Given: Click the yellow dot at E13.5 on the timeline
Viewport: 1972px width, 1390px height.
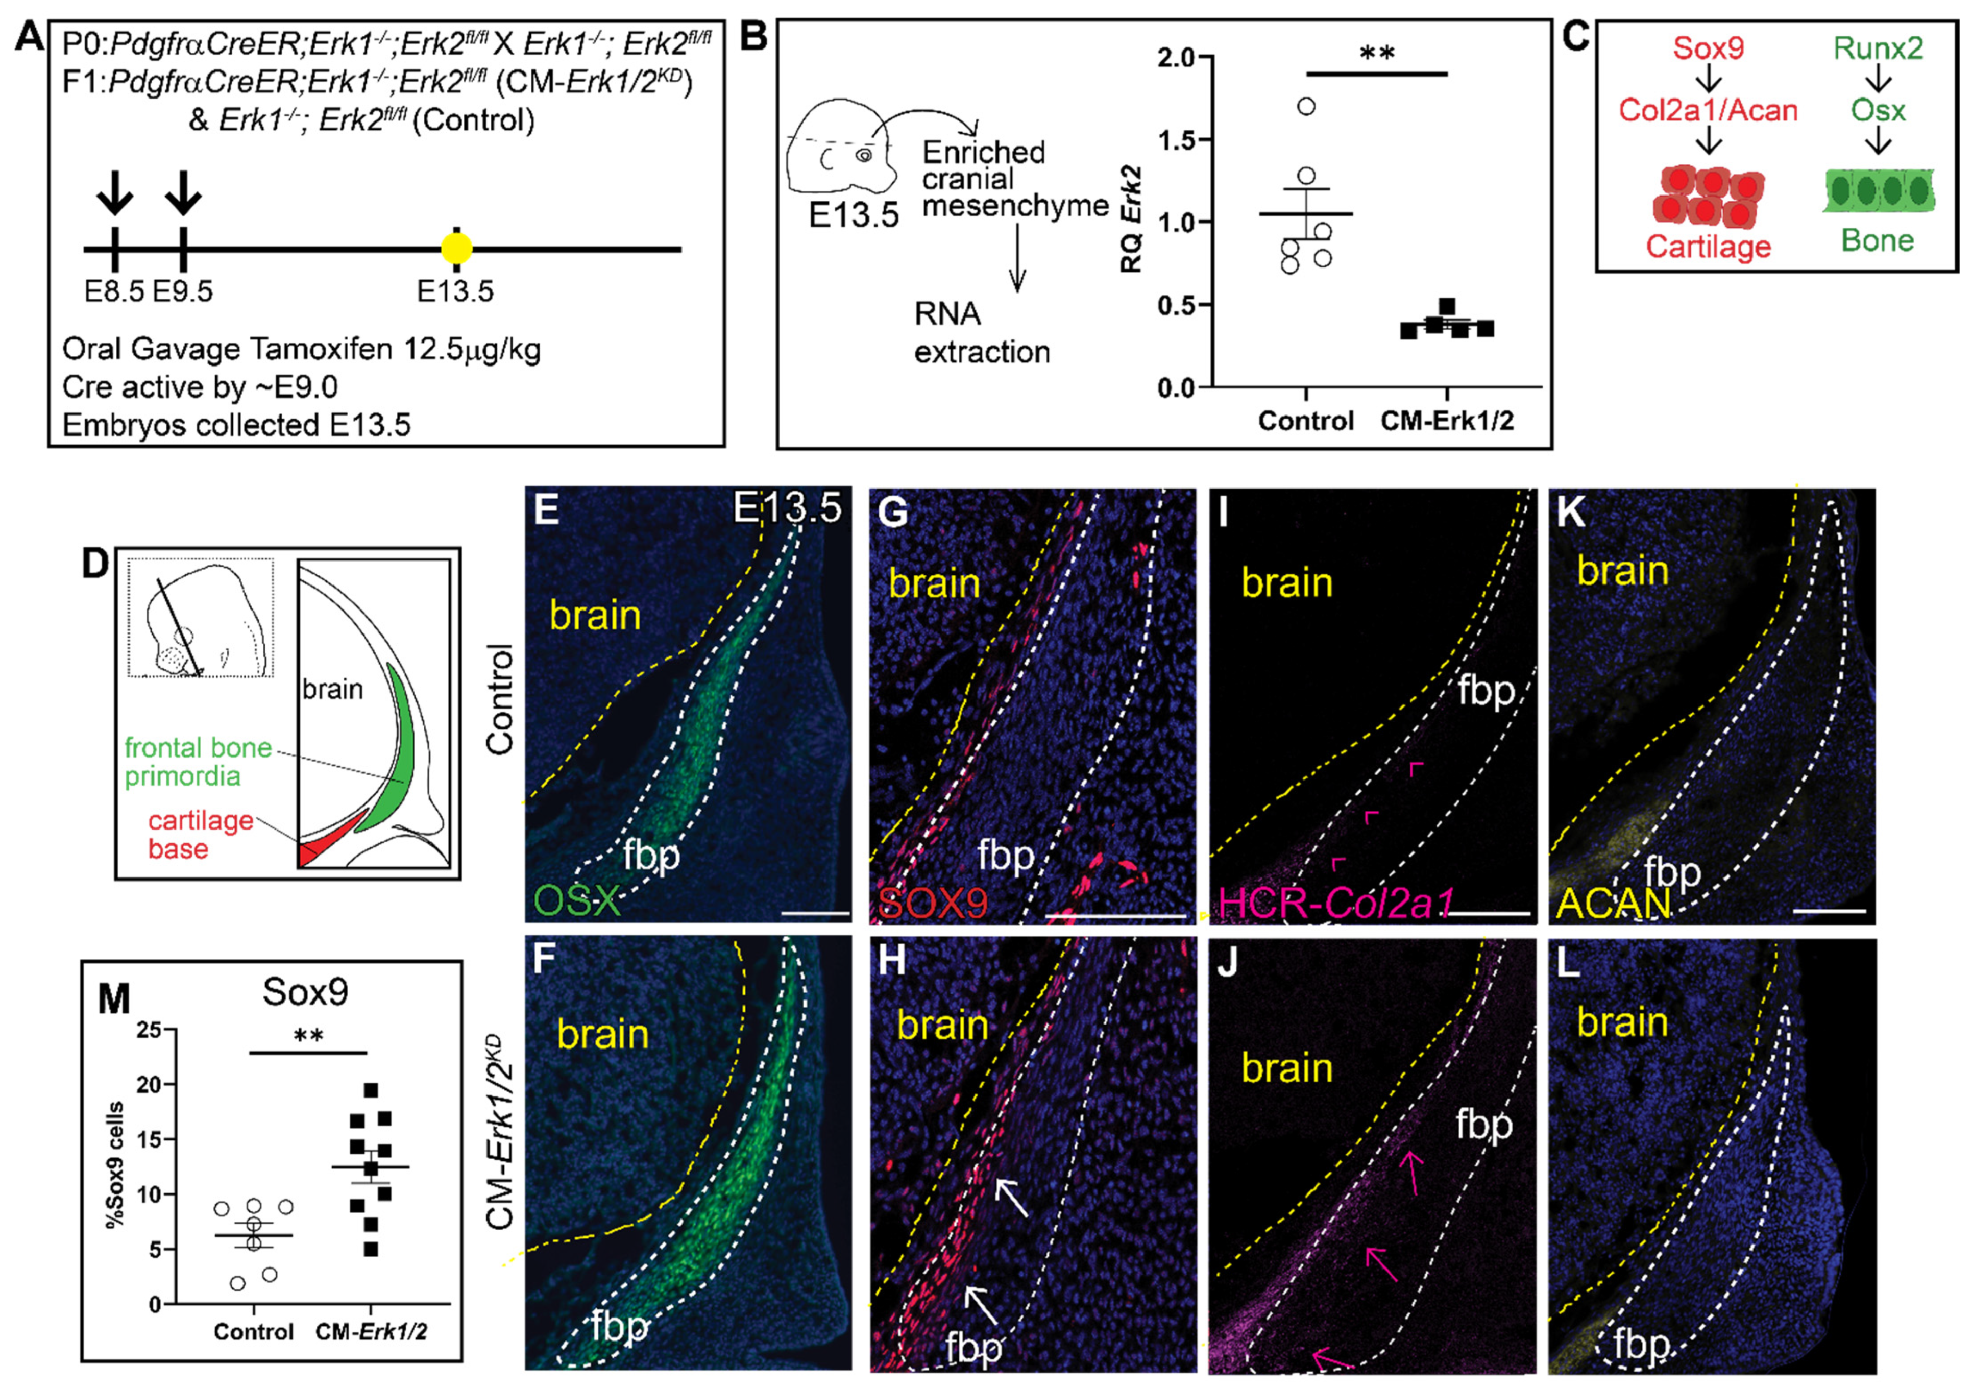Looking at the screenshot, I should (x=456, y=249).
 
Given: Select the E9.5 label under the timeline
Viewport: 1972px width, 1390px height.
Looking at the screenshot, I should (x=182, y=291).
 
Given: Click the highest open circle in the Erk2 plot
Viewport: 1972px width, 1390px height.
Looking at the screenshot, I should (x=1306, y=107).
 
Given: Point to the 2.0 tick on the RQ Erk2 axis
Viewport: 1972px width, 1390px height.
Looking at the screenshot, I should (x=1177, y=58).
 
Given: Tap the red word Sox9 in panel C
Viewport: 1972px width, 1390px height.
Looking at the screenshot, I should (x=1708, y=47).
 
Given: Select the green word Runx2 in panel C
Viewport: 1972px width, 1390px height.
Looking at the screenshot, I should (x=1879, y=47).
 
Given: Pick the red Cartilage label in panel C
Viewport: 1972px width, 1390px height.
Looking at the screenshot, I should (x=1708, y=247).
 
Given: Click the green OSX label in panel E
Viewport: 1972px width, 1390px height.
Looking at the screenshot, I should (x=575, y=901).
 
